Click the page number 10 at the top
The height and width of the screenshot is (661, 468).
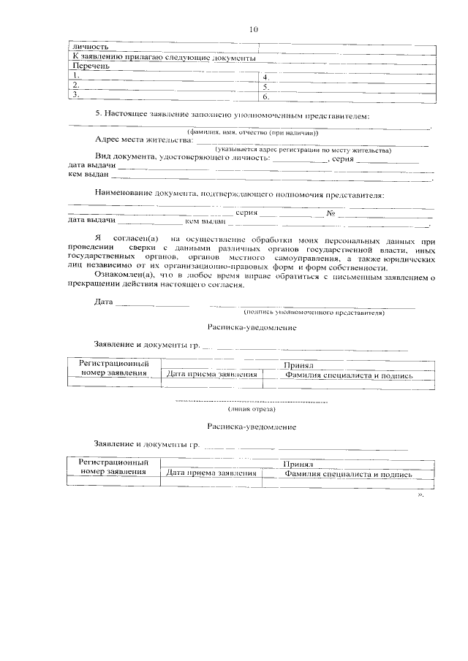click(254, 30)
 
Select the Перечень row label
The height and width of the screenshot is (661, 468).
click(89, 66)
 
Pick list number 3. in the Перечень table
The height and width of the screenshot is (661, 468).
click(75, 94)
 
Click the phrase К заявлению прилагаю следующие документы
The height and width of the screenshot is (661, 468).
click(163, 56)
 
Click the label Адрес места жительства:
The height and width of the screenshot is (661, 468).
click(143, 140)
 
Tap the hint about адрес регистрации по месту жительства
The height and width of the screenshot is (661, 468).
click(298, 150)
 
